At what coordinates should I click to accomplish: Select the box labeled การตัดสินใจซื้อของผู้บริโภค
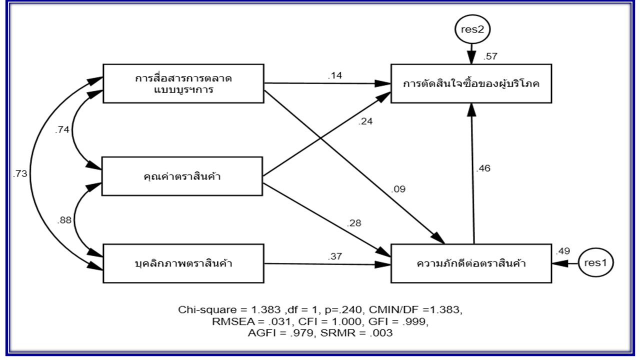click(471, 83)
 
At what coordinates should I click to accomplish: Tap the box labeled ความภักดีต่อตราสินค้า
click(471, 263)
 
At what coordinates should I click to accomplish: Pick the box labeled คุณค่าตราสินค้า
click(182, 176)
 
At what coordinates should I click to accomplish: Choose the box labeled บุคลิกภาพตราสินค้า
click(183, 263)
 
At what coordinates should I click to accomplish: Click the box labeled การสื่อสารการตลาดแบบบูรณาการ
click(183, 83)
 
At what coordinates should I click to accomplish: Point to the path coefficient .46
click(483, 168)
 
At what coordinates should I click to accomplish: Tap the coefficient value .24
click(365, 121)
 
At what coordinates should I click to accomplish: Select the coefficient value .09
click(398, 189)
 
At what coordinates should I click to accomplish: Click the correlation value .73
click(20, 174)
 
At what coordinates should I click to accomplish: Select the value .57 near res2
click(489, 56)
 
